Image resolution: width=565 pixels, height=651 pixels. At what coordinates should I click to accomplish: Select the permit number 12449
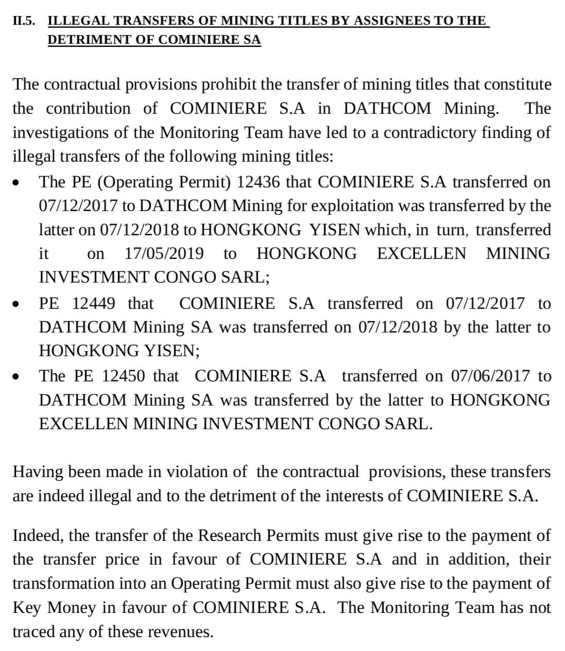(94, 303)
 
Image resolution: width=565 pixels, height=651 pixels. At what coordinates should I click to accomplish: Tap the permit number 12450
(123, 376)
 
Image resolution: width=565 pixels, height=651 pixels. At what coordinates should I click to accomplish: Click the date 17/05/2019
(164, 253)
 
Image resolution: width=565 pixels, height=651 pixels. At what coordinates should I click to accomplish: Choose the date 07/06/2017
(490, 376)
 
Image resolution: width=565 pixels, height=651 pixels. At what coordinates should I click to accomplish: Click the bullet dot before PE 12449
(17, 304)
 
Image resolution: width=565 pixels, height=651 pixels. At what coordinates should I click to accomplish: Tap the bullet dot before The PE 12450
(17, 377)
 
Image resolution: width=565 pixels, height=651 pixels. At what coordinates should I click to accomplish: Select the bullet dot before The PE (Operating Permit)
(17, 183)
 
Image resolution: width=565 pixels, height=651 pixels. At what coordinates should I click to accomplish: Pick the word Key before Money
(27, 608)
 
